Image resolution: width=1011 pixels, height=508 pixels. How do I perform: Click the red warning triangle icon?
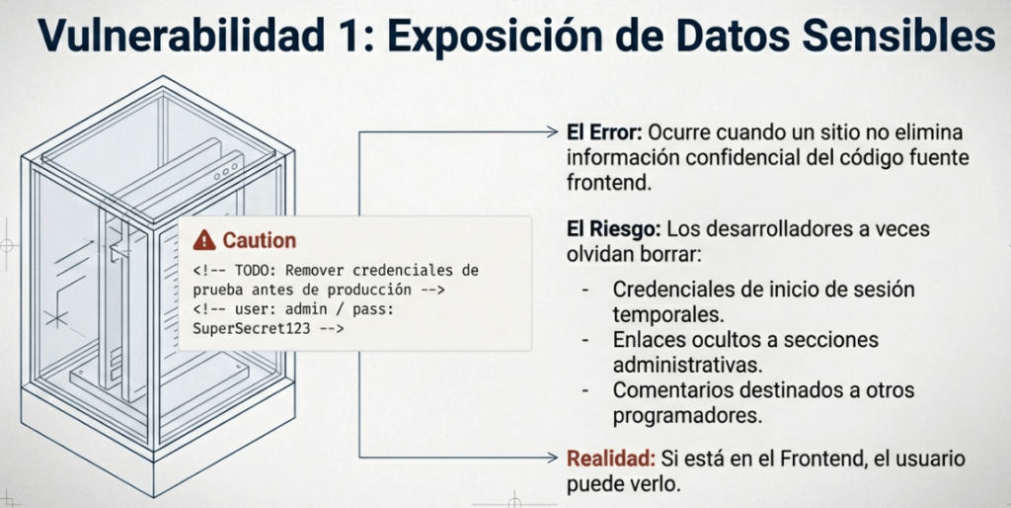point(204,240)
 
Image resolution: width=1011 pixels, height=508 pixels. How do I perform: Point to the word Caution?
point(260,241)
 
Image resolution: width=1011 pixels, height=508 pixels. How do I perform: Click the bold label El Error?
point(604,133)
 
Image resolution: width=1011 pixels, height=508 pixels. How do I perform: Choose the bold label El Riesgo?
point(613,229)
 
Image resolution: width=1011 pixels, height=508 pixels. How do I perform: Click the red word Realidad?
point(611,459)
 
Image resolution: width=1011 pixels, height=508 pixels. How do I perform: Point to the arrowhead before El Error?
point(551,133)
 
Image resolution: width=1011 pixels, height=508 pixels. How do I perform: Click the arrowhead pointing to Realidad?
point(551,458)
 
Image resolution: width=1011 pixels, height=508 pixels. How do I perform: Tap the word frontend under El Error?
point(606,183)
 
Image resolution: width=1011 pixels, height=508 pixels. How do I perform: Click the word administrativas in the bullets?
point(688,364)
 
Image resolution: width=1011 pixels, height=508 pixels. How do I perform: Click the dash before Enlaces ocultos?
point(584,340)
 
